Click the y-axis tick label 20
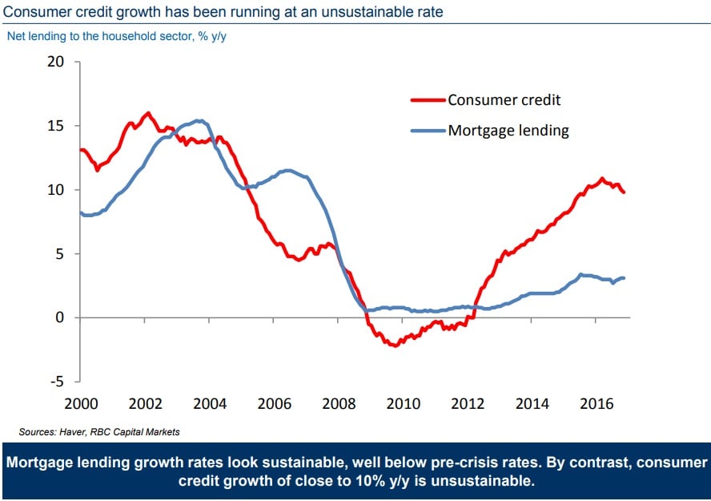click(x=55, y=62)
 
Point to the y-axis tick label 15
click(x=55, y=126)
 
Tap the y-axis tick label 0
click(x=59, y=317)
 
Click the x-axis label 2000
click(x=80, y=403)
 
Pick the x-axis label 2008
click(x=339, y=403)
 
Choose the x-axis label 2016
click(x=597, y=403)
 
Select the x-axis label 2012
click(x=468, y=403)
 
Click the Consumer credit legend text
click(x=504, y=100)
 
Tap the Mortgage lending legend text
click(x=508, y=131)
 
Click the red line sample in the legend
click(x=428, y=100)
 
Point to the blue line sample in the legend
click(x=428, y=131)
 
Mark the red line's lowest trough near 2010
click(x=393, y=345)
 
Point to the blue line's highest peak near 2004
click(x=200, y=121)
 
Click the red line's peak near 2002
click(x=147, y=113)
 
